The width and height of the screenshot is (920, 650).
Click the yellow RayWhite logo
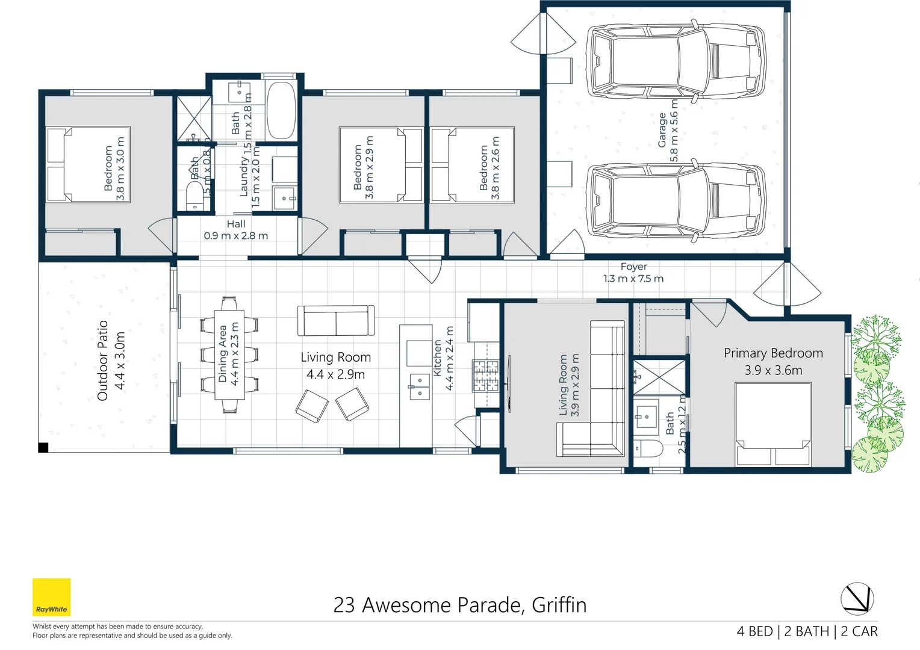[51, 597]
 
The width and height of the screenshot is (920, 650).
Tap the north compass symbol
[857, 599]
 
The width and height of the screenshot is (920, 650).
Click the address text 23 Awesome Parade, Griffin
[459, 605]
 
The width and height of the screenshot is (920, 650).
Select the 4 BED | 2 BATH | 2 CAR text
[807, 631]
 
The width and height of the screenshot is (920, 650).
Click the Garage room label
[668, 131]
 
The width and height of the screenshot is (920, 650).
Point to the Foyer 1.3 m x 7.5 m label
[633, 273]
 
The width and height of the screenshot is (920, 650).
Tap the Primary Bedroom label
[773, 361]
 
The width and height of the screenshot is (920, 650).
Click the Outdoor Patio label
[111, 360]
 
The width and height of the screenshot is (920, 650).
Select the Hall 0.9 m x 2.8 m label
[235, 230]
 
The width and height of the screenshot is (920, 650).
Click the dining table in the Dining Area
[229, 354]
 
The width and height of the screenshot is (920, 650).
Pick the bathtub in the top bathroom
[281, 110]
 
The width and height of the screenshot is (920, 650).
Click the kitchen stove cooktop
[485, 376]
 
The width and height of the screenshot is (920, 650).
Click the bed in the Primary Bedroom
[773, 424]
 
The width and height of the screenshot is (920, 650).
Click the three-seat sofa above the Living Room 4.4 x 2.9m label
[335, 320]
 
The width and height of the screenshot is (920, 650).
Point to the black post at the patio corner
[43, 447]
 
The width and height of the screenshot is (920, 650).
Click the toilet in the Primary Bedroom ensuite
[647, 449]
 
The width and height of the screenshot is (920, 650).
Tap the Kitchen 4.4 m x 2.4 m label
[443, 359]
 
